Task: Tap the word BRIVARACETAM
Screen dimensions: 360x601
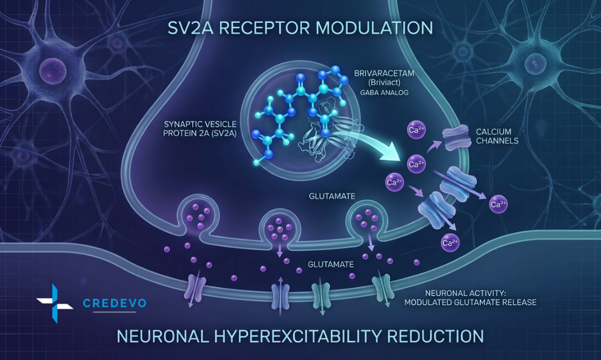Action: pyautogui.click(x=382, y=75)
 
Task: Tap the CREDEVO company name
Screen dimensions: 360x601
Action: pyautogui.click(x=114, y=304)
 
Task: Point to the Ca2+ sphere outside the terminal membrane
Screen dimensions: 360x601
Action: pyautogui.click(x=499, y=205)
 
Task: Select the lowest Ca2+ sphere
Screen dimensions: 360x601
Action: pyautogui.click(x=450, y=242)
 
